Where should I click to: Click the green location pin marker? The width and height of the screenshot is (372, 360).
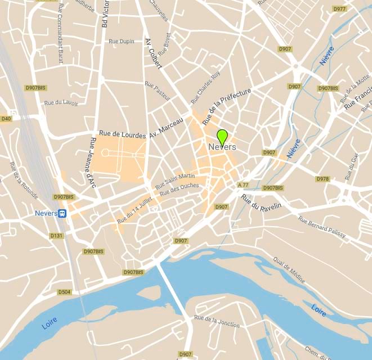point(222,137)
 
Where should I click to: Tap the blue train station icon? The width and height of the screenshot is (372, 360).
point(62,214)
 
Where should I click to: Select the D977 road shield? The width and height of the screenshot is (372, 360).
point(339,9)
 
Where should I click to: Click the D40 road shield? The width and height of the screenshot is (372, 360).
point(6,119)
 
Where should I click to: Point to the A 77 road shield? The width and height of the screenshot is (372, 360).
point(243,185)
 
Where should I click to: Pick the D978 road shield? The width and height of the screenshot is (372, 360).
point(322,179)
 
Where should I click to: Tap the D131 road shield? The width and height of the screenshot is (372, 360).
point(56,236)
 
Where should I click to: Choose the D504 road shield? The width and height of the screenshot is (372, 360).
point(65,292)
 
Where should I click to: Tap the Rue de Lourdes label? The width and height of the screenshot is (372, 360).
point(122,134)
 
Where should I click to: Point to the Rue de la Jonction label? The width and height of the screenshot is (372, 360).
point(217,321)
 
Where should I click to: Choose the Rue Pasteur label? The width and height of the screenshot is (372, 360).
point(157,90)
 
